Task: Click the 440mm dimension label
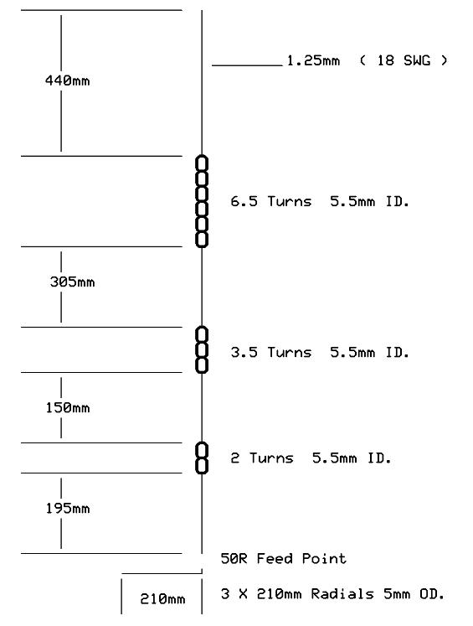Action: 68,80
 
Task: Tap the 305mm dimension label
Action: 72,282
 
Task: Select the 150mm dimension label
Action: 68,407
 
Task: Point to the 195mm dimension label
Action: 68,508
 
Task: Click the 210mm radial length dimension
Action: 162,599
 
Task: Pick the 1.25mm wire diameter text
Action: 313,60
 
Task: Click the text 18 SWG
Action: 404,60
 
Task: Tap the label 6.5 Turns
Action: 270,201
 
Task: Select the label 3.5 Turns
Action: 270,352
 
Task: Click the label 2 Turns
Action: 262,458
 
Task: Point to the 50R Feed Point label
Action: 284,558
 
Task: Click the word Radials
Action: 342,594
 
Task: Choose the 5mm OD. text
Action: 414,594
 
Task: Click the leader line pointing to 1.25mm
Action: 247,65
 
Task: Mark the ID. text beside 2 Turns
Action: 379,458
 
